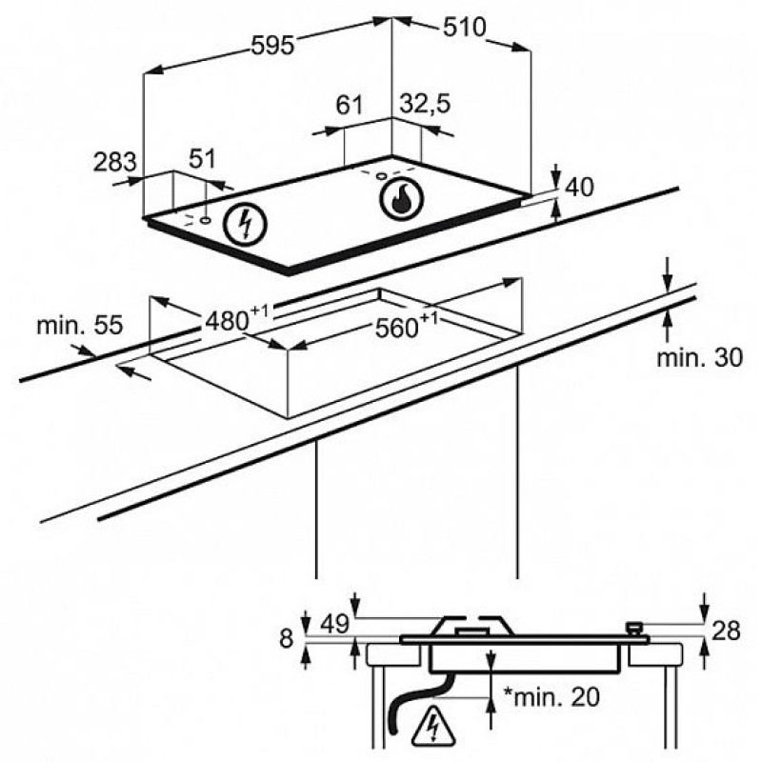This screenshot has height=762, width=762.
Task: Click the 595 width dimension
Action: coord(272,46)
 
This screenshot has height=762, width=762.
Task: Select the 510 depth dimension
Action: coord(464,28)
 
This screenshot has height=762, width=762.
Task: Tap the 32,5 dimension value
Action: coord(425,104)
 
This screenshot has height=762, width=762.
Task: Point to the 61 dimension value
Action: coord(350,104)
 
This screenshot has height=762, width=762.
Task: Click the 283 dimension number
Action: coord(114,162)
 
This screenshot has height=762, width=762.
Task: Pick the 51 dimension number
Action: coord(202,158)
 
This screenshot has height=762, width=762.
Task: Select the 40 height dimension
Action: coord(580,187)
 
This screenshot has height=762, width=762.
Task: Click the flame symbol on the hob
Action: coord(401,199)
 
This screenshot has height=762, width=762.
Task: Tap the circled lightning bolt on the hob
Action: coord(246,224)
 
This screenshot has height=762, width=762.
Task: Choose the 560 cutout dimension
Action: coord(407,327)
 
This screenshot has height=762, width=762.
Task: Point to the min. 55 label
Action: coord(80,325)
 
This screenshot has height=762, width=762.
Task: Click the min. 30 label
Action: coord(700,358)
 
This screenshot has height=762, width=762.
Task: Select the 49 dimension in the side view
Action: coord(335,624)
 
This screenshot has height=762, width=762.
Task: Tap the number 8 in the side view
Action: coord(287,637)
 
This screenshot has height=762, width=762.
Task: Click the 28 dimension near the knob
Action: coord(726,631)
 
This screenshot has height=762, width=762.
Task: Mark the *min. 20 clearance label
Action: coord(551,697)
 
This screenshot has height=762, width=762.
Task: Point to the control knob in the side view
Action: coord(633,629)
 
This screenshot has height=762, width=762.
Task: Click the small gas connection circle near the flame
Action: coord(382,176)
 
